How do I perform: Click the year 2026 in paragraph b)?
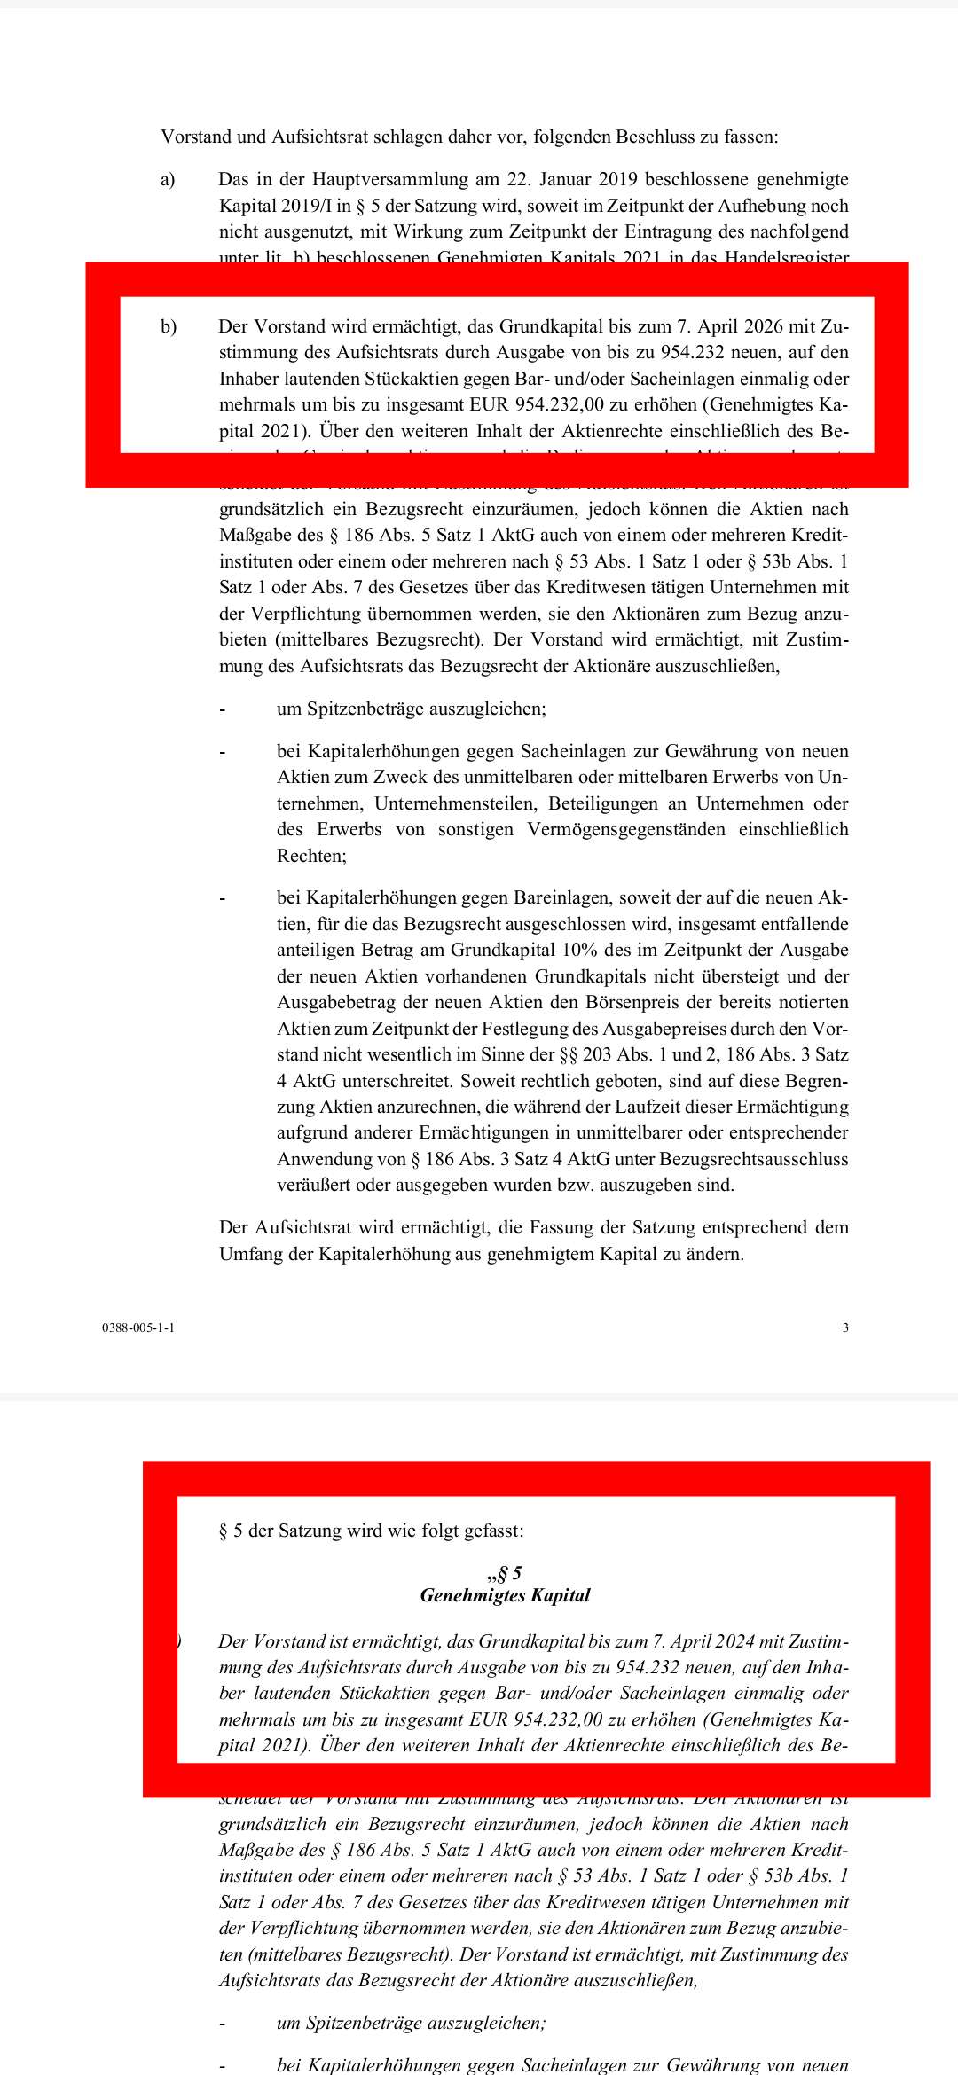tap(757, 326)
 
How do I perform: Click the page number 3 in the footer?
tap(845, 1327)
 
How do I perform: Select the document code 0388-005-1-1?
tap(138, 1327)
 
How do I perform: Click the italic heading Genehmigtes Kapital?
tap(505, 1595)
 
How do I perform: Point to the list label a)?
tap(168, 180)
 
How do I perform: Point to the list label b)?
tap(169, 326)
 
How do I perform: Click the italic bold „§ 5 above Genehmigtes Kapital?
tap(504, 1574)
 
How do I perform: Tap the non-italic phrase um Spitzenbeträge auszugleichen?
tap(412, 709)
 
